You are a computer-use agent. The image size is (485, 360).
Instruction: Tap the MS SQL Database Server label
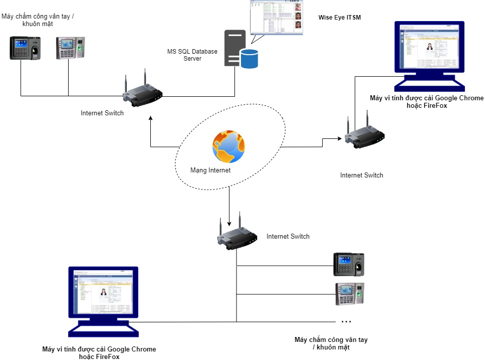click(192, 55)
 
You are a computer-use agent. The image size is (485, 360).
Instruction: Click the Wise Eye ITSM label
click(340, 18)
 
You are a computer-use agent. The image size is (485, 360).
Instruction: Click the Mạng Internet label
click(210, 170)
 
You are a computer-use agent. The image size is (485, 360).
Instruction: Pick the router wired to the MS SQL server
click(143, 92)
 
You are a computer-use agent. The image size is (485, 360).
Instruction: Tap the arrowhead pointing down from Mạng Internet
click(229, 224)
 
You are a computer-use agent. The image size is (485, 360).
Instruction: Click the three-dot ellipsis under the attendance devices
click(346, 321)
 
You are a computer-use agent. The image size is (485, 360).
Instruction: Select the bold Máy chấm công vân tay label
click(331, 343)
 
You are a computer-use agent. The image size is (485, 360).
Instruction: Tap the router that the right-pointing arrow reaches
click(364, 135)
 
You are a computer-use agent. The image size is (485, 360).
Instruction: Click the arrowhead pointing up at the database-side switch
click(150, 118)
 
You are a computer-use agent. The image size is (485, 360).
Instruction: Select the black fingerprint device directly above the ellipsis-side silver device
click(349, 264)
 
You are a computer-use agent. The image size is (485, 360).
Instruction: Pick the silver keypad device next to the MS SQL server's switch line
click(71, 48)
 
